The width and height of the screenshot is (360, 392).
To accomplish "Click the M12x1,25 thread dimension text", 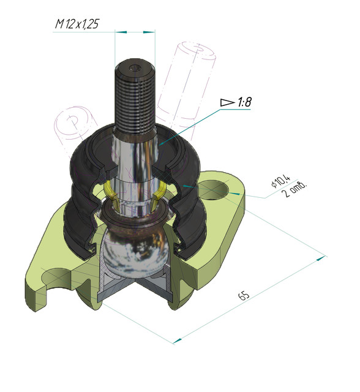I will pyautogui.click(x=77, y=24).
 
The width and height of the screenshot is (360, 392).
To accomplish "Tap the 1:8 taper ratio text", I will pyautogui.click(x=244, y=102).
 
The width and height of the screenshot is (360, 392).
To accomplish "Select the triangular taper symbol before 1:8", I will pyautogui.click(x=227, y=102).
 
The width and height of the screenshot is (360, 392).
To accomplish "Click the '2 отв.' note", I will pyautogui.click(x=293, y=190).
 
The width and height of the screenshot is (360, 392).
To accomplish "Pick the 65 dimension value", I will pyautogui.click(x=244, y=296).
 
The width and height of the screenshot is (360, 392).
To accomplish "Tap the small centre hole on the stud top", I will pyautogui.click(x=135, y=67).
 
